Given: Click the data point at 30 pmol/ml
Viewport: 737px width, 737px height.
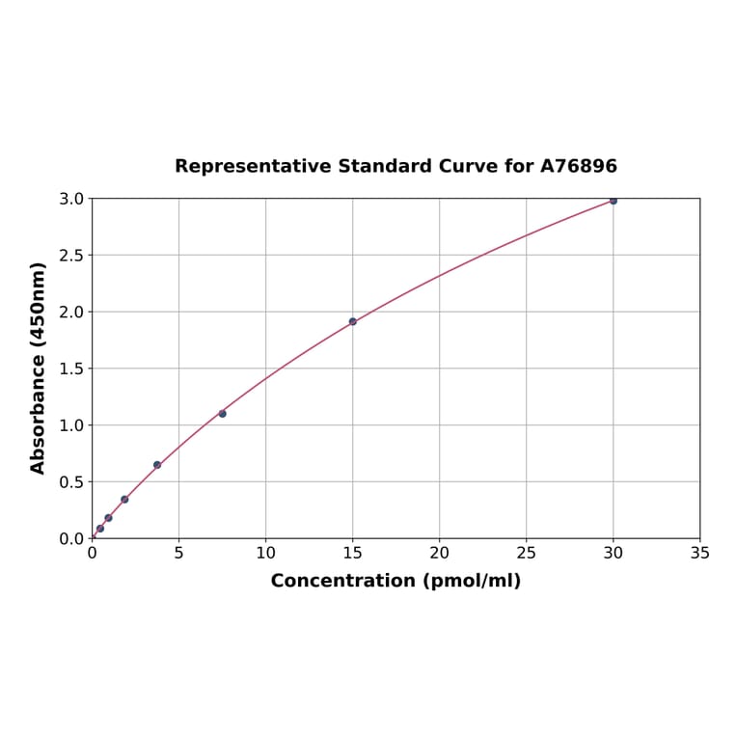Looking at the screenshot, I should tap(613, 201).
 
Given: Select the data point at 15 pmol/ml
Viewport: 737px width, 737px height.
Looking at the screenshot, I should tap(353, 321).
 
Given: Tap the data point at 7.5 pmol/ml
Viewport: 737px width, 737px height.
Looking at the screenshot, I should tap(222, 414).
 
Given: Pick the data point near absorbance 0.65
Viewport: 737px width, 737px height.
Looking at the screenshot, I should tap(157, 465).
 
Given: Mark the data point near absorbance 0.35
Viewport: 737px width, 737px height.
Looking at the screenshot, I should tap(124, 499).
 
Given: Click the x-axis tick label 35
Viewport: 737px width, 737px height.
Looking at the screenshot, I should tap(699, 553).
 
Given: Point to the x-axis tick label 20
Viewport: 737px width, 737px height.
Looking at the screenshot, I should tap(439, 553).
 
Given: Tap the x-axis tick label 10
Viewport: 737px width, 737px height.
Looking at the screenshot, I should tap(265, 553).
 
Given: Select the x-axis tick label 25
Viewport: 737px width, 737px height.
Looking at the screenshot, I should tap(526, 553).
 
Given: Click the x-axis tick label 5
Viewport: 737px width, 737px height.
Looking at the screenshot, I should tap(178, 553).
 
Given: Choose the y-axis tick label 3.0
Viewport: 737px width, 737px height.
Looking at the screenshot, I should tap(71, 199).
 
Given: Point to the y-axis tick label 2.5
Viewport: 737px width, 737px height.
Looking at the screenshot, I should tap(71, 256).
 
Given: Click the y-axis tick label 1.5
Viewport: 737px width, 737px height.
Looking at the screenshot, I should tap(71, 368).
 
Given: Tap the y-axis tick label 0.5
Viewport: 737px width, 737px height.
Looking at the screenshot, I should tap(71, 481).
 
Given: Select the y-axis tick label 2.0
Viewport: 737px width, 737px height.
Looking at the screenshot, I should tap(71, 312).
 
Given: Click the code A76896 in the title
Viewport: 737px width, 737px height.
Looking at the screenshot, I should tap(578, 166).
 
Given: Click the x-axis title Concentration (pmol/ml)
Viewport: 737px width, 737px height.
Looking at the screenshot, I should tap(396, 581).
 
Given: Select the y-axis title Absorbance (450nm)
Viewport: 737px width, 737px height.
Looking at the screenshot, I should tap(39, 368).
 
